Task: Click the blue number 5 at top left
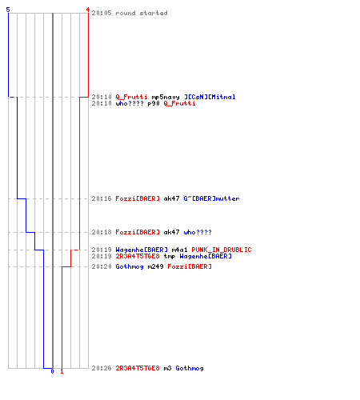(x=8, y=10)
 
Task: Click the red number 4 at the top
(x=88, y=10)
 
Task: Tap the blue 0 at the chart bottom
(x=52, y=371)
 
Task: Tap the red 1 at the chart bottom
(x=62, y=371)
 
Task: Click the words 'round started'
(x=142, y=13)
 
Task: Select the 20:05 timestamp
(x=102, y=13)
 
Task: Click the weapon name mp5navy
(x=166, y=97)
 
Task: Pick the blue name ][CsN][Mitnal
(x=210, y=97)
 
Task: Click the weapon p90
(x=154, y=103)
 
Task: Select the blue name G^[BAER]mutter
(x=211, y=198)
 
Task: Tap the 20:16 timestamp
(x=102, y=198)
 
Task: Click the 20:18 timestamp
(x=102, y=232)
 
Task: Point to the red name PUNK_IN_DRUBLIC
(x=222, y=250)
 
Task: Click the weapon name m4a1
(x=179, y=250)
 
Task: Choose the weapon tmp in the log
(x=170, y=256)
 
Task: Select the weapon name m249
(x=155, y=266)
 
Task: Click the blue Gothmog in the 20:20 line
(x=130, y=266)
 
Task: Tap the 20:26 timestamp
(x=102, y=368)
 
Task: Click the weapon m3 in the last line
(x=167, y=368)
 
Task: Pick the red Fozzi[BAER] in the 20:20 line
(x=190, y=266)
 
